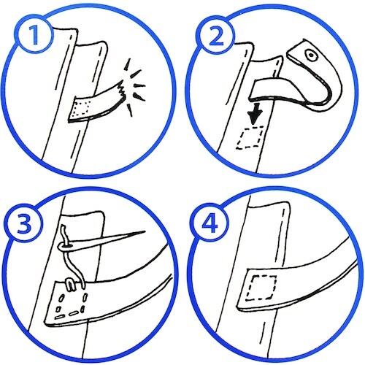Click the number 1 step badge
pos(35,35)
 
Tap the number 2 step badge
pos(216,36)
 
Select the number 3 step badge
pos(24,224)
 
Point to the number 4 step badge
pos(210,224)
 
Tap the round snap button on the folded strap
pos(311,55)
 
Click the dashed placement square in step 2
pos(250,137)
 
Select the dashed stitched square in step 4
pos(261,287)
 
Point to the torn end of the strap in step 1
pos(122,90)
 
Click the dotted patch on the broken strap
pos(82,109)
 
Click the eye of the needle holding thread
pos(65,247)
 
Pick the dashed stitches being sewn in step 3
pos(71,306)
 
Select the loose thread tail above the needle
pos(64,234)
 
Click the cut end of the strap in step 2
pos(253,90)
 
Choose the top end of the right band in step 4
pos(269,205)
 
